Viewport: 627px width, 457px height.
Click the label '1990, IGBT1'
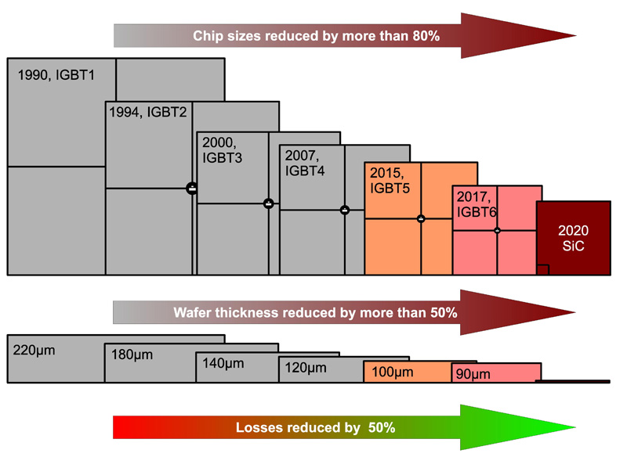56,75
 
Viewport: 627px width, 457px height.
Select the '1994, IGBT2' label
148,112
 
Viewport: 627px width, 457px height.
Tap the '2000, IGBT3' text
223,150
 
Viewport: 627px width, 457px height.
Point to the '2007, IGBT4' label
305,164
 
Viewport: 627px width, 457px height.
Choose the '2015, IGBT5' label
390,181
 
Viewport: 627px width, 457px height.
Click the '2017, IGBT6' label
477,204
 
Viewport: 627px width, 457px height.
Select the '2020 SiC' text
573,238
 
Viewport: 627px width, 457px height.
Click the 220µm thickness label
34,351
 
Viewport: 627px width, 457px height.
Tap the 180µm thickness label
132,354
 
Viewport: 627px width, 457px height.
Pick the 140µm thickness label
223,364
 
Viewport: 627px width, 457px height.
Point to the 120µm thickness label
306,368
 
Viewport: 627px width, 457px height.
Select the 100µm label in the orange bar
393,372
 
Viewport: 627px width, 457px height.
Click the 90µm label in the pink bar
473,374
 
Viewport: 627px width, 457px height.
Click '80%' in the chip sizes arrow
426,36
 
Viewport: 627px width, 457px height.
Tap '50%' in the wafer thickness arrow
444,312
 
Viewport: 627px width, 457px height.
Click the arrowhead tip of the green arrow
576,427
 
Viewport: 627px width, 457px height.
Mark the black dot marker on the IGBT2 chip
192,188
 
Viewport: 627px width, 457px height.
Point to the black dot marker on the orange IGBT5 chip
421,219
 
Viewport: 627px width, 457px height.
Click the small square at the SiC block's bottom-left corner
542,270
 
